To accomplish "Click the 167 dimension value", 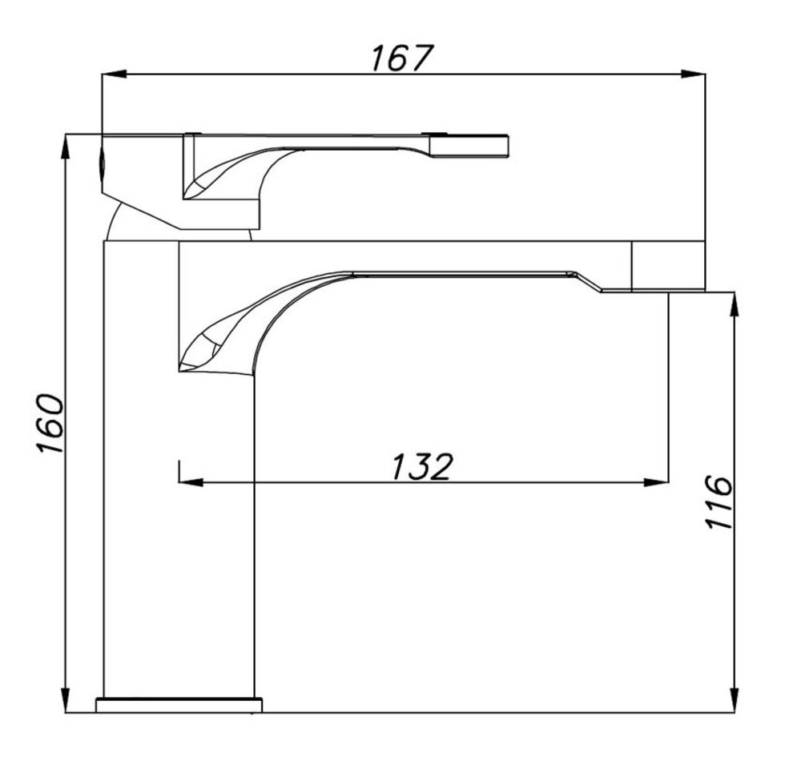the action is [x=401, y=58].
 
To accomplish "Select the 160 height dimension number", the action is [x=50, y=424].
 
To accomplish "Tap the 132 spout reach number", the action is [x=422, y=466].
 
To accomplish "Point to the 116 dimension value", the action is [x=719, y=502].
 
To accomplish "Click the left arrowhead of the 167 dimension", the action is [x=113, y=74].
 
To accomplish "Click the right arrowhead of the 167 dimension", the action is [x=694, y=74].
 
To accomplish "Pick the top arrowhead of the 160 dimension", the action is [x=65, y=146].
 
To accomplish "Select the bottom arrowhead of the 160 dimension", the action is [x=65, y=700].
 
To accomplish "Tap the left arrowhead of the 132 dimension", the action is [x=191, y=482].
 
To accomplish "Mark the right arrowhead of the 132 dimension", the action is [x=656, y=482].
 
